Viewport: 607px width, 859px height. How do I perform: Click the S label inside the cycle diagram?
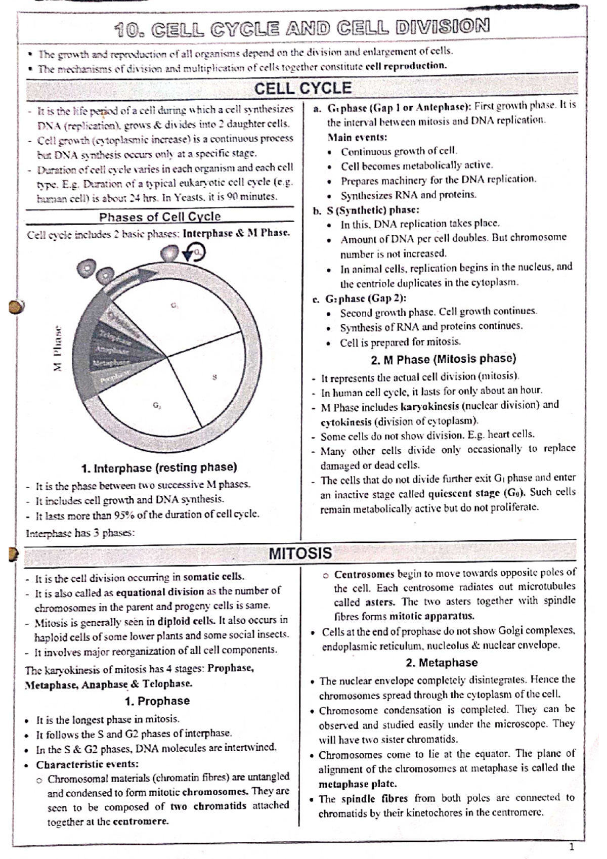coord(214,377)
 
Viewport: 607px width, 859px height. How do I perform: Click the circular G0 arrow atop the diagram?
coord(195,251)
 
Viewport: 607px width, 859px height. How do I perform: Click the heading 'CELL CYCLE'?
coord(302,89)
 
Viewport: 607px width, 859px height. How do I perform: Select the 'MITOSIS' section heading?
coord(300,553)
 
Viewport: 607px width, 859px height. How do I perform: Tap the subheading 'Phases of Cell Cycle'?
coord(160,217)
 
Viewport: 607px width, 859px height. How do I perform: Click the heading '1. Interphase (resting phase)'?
coord(159,467)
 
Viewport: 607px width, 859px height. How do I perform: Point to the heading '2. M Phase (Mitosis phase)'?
coord(443,359)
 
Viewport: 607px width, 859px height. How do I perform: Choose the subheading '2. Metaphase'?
coord(441,662)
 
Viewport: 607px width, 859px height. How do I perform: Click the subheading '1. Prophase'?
coord(157,701)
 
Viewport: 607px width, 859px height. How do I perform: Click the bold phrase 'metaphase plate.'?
coord(357,784)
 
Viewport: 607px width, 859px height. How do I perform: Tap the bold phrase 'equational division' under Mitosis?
coord(160,591)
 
